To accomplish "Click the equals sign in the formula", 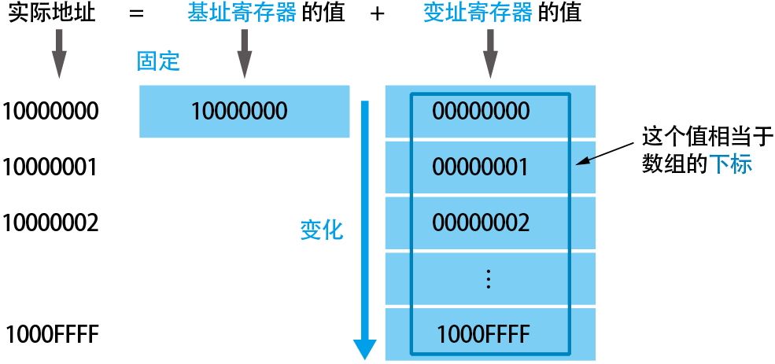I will click(138, 13).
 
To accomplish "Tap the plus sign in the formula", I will click(377, 13).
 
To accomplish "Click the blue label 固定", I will click(159, 62).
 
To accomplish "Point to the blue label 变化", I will click(322, 229).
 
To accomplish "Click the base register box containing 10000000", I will click(244, 111).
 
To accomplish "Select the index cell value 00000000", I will click(481, 112).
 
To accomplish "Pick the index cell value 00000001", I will click(481, 167).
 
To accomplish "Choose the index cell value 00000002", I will click(481, 223).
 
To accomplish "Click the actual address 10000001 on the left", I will click(50, 167).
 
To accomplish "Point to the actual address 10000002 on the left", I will click(50, 222).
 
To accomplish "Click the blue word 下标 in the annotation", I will click(731, 166).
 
